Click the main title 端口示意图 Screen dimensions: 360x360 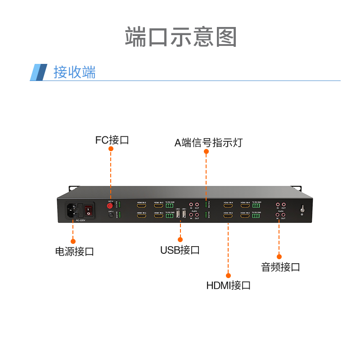pos(180,37)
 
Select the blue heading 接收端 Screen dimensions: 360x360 pos(74,72)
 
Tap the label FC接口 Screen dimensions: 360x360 pos(112,140)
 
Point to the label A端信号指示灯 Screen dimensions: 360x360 pos(208,143)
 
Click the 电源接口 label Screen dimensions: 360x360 pos(74,252)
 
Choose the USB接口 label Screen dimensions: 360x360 pos(180,250)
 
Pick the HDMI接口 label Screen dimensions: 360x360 pos(228,285)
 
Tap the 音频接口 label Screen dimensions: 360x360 pos(280,267)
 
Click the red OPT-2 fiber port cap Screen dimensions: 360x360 pos(110,206)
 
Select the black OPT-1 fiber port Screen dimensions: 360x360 pos(110,216)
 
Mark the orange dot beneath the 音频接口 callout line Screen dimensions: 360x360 pos(279,256)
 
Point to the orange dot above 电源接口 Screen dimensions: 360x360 pos(73,241)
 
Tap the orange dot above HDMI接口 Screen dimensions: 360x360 pos(228,275)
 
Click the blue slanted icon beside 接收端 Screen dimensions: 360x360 pos(39,72)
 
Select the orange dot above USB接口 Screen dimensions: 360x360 pos(180,239)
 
